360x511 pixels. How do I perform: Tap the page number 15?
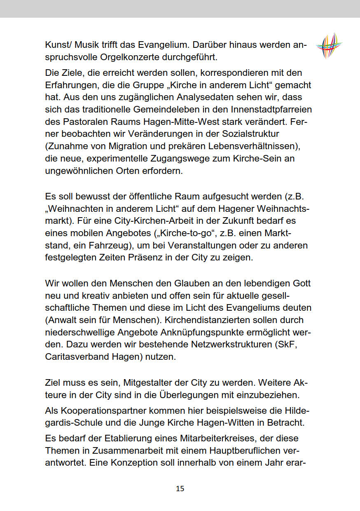pos(180,489)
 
